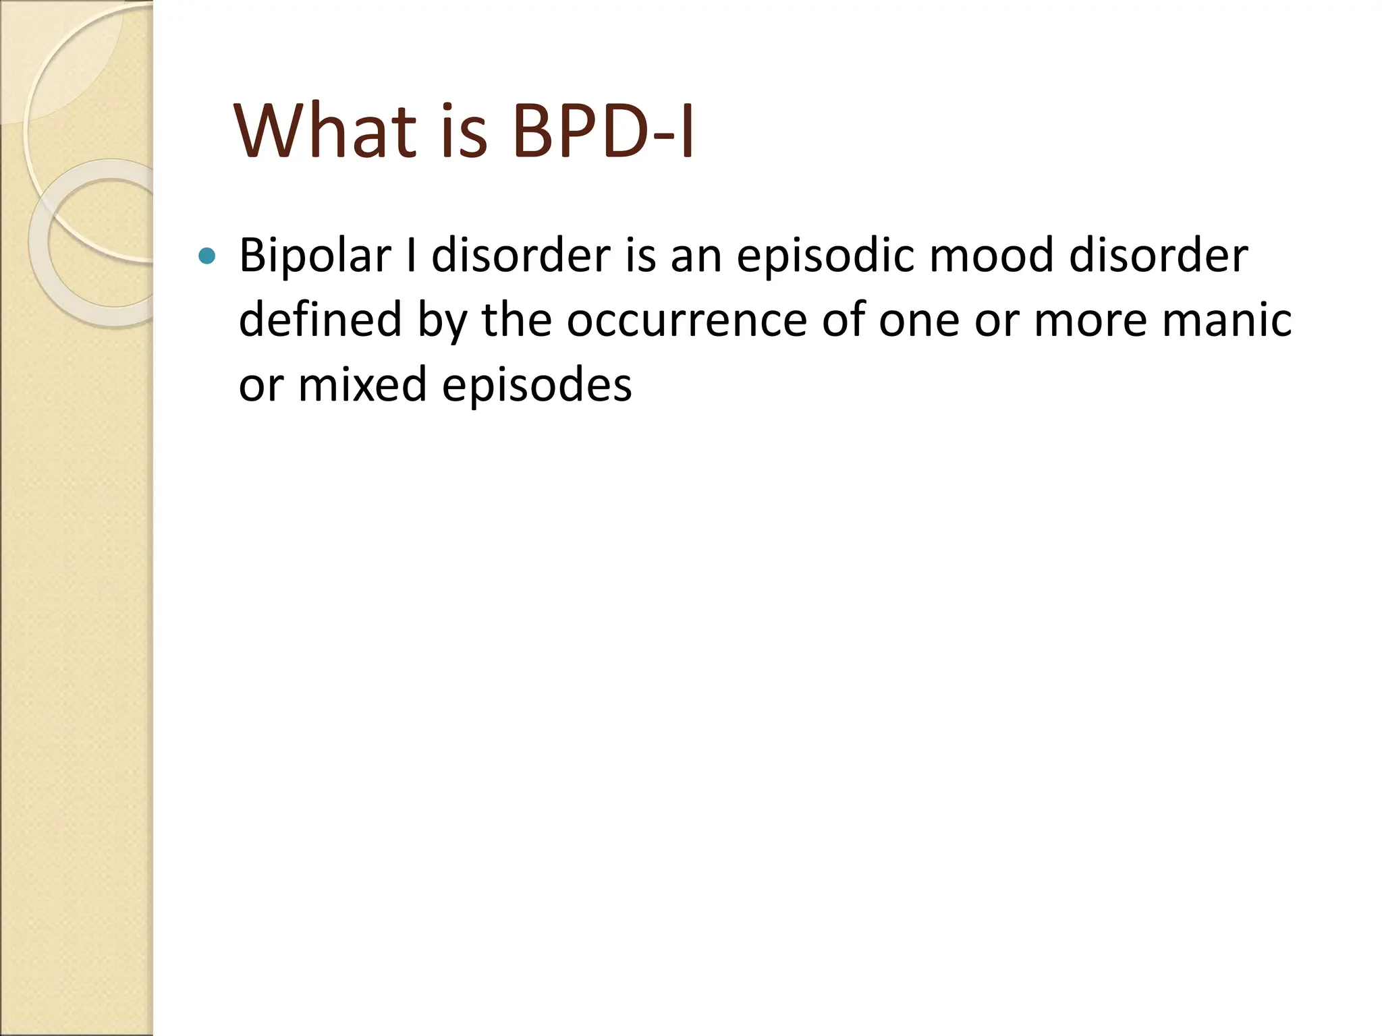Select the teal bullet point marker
click(208, 256)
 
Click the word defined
click(321, 320)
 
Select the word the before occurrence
click(516, 320)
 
